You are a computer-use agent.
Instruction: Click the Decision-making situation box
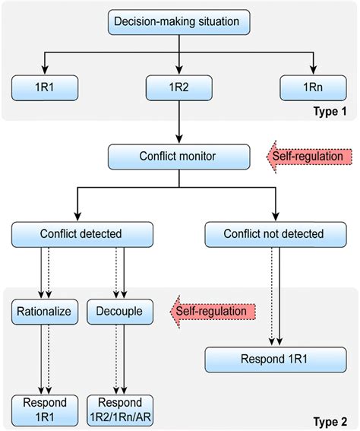click(x=179, y=22)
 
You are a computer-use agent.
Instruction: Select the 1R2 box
click(x=179, y=87)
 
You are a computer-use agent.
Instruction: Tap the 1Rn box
click(x=314, y=87)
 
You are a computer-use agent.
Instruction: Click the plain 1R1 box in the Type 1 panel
click(x=45, y=87)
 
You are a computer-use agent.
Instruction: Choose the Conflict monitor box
click(x=179, y=157)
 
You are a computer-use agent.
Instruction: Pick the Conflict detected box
click(x=82, y=234)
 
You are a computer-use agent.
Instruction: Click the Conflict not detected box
click(x=276, y=234)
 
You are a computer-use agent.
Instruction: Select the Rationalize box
click(x=45, y=312)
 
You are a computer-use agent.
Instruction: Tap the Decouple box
click(x=120, y=312)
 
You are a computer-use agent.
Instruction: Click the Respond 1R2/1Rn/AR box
click(x=120, y=410)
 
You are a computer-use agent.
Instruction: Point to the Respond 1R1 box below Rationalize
click(x=45, y=410)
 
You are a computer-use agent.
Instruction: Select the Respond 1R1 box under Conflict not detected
click(x=276, y=360)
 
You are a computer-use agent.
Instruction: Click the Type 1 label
click(x=330, y=111)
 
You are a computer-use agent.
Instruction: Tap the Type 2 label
click(x=330, y=421)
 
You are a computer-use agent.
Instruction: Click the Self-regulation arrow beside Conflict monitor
click(x=309, y=157)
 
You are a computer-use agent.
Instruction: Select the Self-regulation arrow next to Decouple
click(x=213, y=312)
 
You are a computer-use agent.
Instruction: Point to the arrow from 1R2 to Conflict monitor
click(x=179, y=122)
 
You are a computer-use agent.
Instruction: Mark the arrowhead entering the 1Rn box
click(x=314, y=70)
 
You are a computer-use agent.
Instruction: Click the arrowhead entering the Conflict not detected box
click(x=276, y=217)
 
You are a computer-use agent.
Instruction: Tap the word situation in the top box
click(x=219, y=22)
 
